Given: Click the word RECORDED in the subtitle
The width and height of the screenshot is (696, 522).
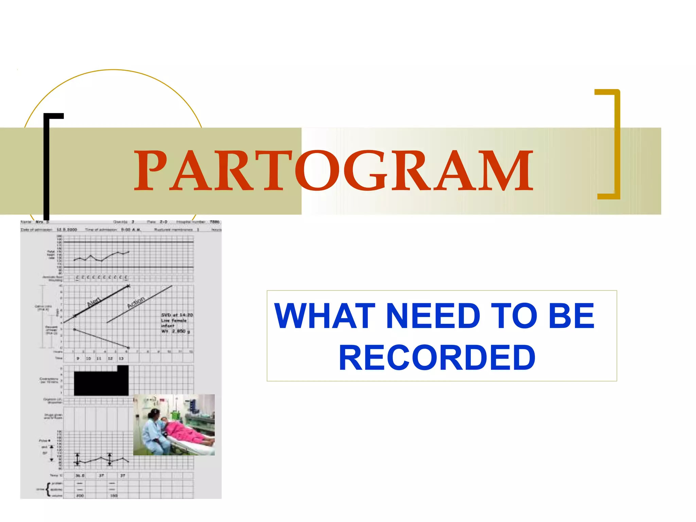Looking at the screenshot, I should coord(437,358).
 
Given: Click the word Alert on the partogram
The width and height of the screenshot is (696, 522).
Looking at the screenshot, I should coord(94,301).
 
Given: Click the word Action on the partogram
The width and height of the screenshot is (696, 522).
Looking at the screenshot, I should coord(136,302).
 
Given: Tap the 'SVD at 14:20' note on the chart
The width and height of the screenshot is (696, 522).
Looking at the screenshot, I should coord(177,315).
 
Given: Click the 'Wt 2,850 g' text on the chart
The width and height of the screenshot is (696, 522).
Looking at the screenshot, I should coord(175,331).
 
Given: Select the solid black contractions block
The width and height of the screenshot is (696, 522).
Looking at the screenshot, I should coord(101,382).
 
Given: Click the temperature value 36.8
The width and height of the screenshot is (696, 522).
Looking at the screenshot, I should coord(80,475).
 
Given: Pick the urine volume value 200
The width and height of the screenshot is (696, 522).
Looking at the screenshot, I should coord(80,496).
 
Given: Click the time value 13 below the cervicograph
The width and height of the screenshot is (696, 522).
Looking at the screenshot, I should coord(121,359).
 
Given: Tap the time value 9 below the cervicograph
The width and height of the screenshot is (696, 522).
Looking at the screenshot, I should coord(78,359).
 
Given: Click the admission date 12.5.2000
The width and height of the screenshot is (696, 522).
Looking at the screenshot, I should coord(67,230).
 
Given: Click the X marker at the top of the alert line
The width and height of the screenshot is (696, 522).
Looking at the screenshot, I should coord(128,286).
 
